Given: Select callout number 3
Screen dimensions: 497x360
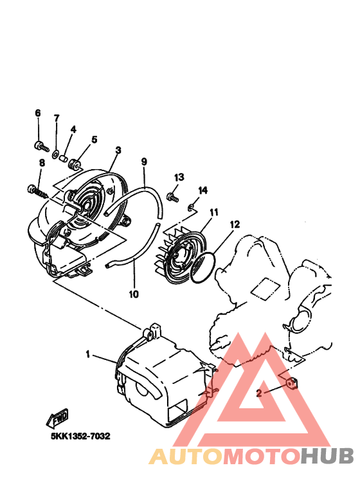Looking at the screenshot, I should pos(118,150).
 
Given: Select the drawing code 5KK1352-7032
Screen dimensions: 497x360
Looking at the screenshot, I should pos(80,436).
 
